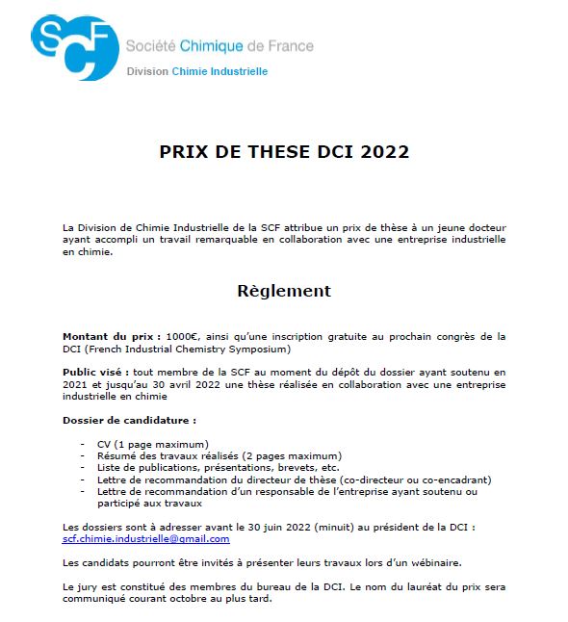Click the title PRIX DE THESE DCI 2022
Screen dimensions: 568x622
coord(284,152)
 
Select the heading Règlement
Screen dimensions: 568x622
coord(284,291)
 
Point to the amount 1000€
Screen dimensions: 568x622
coord(180,336)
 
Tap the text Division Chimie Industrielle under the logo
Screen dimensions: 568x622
coord(197,71)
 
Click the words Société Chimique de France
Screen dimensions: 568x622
coord(219,45)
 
